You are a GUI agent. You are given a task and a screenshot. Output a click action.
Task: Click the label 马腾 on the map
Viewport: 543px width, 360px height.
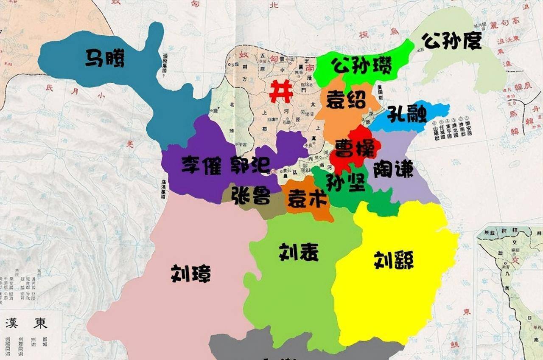[x=105, y=58]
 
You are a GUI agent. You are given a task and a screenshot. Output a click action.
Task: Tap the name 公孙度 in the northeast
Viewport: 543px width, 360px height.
[x=451, y=41]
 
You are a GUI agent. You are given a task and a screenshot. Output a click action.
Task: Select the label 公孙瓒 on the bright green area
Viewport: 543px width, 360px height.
[x=361, y=65]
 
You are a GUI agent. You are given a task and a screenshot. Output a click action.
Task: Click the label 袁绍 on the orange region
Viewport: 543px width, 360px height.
[x=346, y=101]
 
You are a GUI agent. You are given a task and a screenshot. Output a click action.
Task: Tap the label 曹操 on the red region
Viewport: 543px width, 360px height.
[x=355, y=149]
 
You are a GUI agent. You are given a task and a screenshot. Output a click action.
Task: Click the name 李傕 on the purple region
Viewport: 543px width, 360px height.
[x=202, y=165]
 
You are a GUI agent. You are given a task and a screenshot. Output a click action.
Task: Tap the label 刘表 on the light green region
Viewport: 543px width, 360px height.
[x=299, y=252]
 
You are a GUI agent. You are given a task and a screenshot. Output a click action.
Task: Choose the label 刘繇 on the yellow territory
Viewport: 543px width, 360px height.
[x=394, y=260]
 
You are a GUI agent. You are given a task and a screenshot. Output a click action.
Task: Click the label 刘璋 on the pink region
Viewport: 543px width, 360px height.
[x=190, y=274]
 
